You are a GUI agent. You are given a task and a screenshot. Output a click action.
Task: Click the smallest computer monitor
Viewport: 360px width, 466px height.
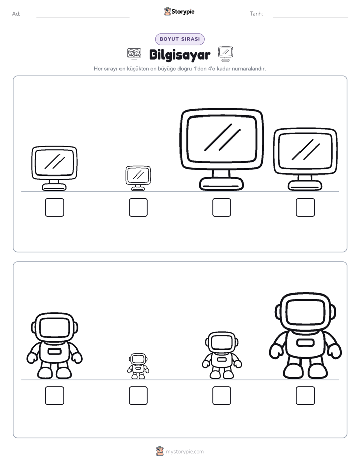[138, 178]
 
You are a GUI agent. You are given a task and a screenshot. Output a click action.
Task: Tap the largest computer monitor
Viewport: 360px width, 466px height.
[221, 149]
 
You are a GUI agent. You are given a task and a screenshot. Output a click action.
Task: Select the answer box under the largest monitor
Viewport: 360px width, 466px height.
[221, 207]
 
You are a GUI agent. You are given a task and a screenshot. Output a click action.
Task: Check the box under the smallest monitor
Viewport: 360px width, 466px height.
[138, 207]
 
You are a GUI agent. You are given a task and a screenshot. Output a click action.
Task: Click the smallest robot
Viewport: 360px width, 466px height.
[138, 366]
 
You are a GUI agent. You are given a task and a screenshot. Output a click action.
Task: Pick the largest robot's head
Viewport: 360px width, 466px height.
[306, 312]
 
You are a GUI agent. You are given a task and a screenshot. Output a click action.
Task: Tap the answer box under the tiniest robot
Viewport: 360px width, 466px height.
[138, 395]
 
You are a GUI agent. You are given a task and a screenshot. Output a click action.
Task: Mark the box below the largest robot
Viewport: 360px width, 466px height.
[306, 395]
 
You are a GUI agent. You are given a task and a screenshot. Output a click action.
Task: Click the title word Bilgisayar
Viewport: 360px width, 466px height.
[179, 55]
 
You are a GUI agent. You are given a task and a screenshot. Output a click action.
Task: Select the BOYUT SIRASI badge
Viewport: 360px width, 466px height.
[179, 39]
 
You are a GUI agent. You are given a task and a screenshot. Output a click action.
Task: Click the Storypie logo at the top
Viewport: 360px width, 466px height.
[179, 11]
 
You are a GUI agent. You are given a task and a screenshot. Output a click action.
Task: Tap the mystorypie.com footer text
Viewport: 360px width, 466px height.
[185, 452]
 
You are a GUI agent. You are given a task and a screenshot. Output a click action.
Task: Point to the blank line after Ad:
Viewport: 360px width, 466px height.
[83, 17]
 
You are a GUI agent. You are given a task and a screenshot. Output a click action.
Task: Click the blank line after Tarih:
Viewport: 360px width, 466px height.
[311, 17]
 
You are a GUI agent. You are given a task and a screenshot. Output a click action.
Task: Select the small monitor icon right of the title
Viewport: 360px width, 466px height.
[226, 54]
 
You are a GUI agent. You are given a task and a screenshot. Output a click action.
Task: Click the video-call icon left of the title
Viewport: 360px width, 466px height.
[134, 53]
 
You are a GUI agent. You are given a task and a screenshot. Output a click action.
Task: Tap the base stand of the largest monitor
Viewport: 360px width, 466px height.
[221, 184]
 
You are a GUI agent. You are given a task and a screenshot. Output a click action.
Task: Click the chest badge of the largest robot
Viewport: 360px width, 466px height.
[306, 342]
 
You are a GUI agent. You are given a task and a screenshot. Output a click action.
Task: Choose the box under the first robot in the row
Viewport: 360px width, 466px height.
[54, 395]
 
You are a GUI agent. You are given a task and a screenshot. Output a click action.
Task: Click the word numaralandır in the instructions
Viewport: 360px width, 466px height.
[249, 69]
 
